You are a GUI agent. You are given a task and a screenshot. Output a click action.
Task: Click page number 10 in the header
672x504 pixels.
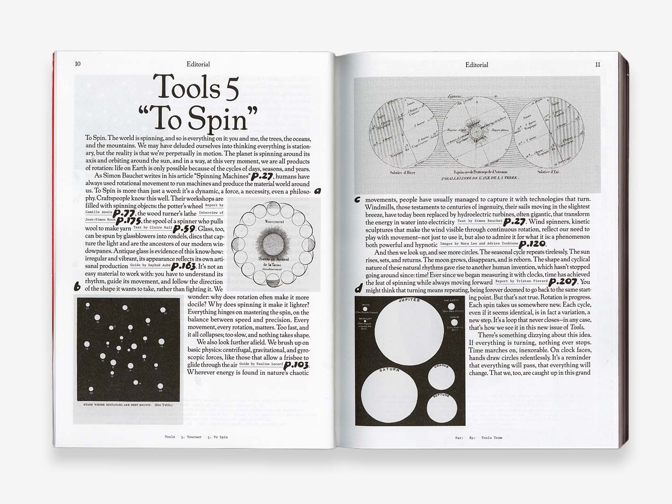(x=78, y=64)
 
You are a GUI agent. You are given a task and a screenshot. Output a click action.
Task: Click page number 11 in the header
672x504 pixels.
(x=598, y=64)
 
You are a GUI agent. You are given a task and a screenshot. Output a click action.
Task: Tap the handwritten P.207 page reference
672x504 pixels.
(x=563, y=282)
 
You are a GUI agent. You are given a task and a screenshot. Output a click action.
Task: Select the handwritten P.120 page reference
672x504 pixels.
(x=532, y=244)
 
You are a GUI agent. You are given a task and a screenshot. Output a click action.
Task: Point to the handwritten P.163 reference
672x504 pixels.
(x=184, y=266)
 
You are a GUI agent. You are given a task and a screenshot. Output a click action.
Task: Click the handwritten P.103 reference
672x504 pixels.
(x=296, y=365)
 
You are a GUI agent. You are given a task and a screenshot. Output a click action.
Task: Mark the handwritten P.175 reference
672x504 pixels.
(x=128, y=221)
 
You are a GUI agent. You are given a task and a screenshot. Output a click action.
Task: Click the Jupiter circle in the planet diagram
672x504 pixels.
(x=409, y=332)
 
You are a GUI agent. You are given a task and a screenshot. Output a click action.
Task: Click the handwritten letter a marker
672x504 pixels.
(x=318, y=191)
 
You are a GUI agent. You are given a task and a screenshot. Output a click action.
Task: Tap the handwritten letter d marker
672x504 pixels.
(x=358, y=288)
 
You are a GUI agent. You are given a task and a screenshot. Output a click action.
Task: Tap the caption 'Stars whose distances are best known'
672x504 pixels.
(x=128, y=405)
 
